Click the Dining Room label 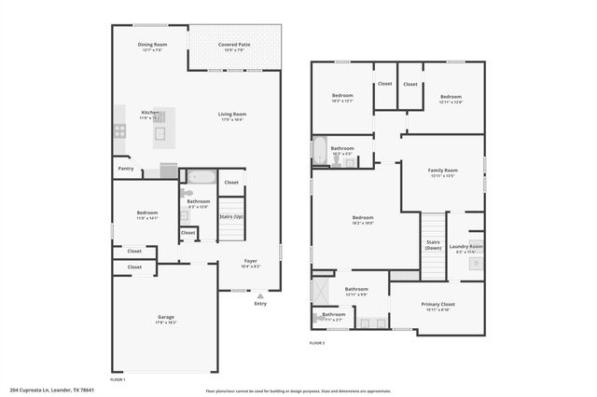152,44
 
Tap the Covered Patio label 233,44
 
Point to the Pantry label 126,169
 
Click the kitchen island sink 160,132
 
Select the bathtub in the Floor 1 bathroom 201,177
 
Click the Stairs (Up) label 231,216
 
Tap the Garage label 152,317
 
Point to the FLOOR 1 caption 118,379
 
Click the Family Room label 442,171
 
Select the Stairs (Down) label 433,245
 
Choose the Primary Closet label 437,305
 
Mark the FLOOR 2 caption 317,342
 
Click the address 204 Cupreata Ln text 52,390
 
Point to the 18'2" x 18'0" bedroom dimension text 363,223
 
